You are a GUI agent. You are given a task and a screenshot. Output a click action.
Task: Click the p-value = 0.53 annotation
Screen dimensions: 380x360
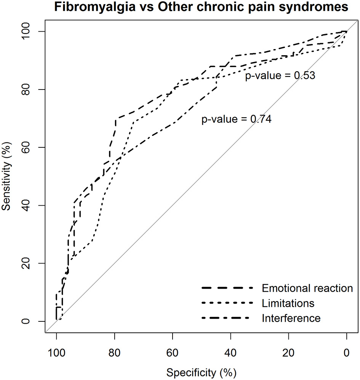(x=280, y=75)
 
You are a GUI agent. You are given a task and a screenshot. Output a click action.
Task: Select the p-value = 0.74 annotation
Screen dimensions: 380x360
(x=236, y=120)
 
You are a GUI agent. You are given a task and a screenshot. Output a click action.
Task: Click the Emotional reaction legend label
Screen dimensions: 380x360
(x=307, y=288)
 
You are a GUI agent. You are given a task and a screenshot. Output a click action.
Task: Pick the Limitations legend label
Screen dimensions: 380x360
(x=288, y=303)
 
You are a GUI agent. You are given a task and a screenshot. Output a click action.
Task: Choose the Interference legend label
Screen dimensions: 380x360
(x=291, y=318)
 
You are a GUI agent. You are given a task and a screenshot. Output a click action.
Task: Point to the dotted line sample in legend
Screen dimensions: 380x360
(x=227, y=303)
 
